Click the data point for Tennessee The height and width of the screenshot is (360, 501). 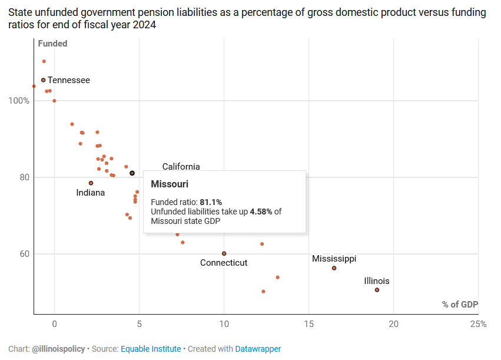coord(43,80)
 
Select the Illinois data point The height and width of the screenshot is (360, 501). coord(377,290)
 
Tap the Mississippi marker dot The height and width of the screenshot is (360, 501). coord(334,268)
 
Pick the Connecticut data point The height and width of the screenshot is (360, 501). coord(224,253)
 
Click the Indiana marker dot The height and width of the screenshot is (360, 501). coord(91,183)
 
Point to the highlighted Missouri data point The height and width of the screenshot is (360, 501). coord(132,173)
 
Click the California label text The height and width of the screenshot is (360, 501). coord(181,167)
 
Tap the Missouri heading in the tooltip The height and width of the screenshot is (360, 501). coord(170,184)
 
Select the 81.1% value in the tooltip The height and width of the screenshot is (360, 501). coord(211,202)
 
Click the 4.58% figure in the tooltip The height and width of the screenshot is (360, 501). coord(261,212)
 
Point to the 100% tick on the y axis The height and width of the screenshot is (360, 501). coord(18,101)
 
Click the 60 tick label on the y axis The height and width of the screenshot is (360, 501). coord(24,254)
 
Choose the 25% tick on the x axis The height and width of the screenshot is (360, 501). coord(478,324)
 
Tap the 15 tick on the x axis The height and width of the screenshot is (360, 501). coord(308,324)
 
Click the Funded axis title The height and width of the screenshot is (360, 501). coord(52,44)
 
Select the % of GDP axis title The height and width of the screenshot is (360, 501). coord(460,305)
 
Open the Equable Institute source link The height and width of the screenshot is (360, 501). coord(151,349)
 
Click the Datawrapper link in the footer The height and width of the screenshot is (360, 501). coord(258,349)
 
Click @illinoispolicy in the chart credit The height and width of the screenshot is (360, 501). coord(59,349)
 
